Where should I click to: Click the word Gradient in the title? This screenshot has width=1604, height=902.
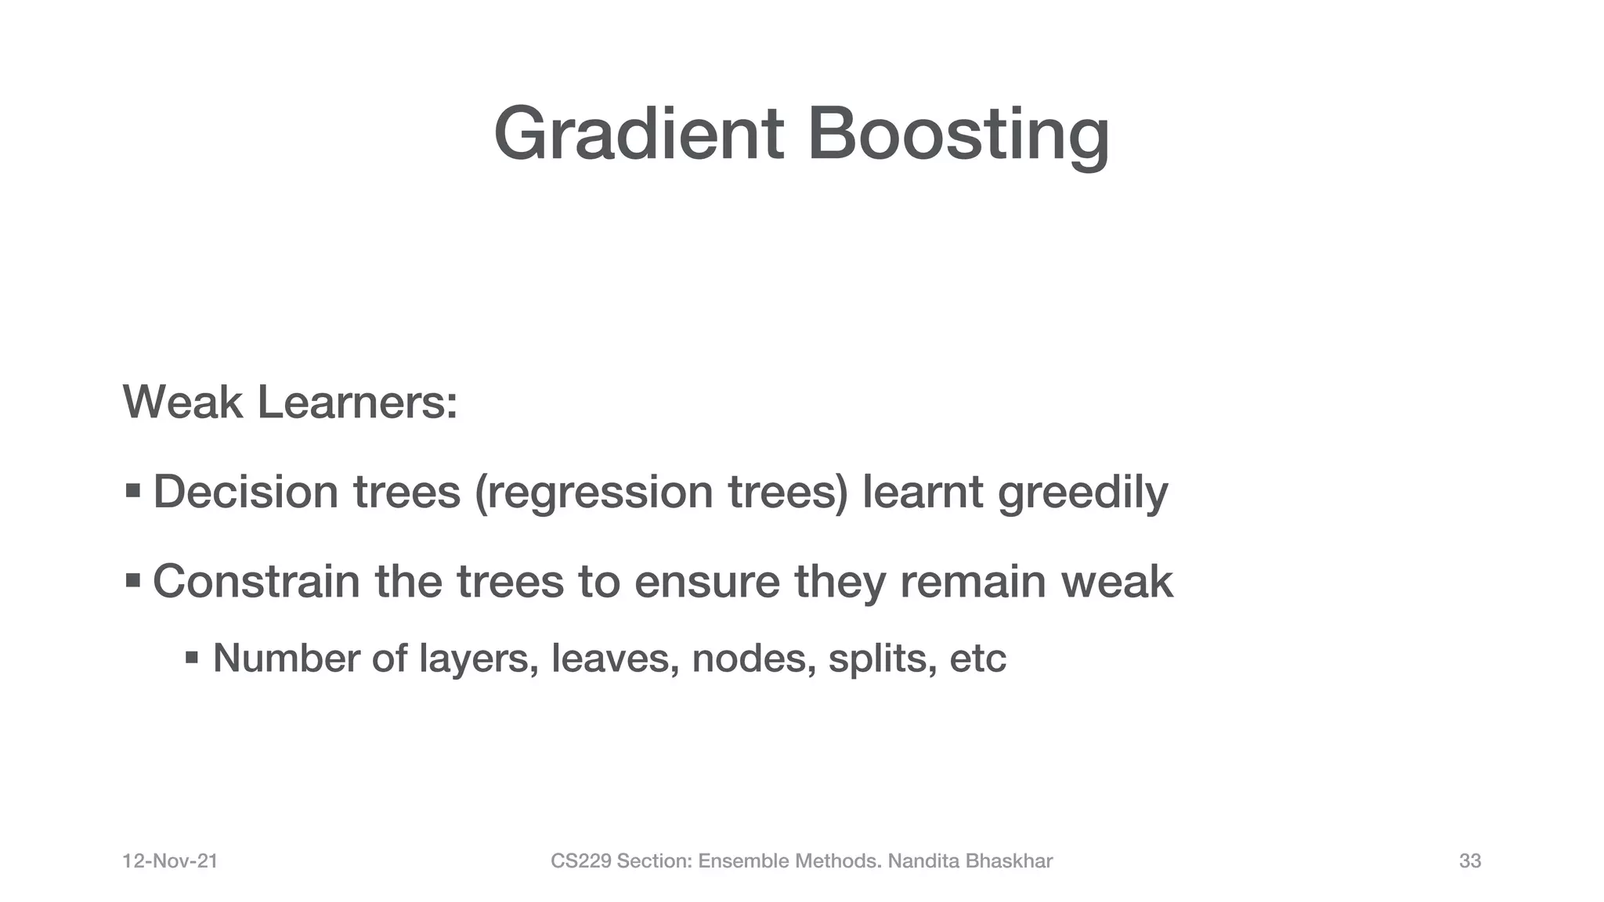(638, 135)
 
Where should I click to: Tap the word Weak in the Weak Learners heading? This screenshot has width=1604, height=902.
(182, 402)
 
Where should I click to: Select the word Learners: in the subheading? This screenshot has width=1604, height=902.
(357, 402)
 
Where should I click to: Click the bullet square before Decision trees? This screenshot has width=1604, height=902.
(133, 491)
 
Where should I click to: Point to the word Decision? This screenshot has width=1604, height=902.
(245, 492)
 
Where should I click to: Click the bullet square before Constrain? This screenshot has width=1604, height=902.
(133, 581)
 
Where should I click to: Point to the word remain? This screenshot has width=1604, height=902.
(973, 582)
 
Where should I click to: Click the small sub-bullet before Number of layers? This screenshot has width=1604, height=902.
(192, 657)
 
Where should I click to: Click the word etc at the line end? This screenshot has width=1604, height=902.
(977, 658)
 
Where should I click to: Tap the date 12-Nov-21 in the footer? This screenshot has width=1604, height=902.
(170, 861)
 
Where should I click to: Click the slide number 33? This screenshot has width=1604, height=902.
(1470, 861)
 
